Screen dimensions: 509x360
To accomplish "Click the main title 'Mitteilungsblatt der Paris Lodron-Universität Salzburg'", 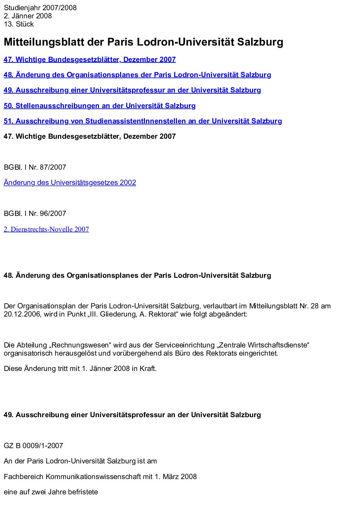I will point(143,42).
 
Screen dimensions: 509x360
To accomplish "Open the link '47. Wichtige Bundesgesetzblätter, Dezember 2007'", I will point(89,60).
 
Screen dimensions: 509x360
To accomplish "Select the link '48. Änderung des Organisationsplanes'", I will point(137,75).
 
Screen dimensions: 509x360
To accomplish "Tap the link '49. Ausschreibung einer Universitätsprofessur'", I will point(132,90).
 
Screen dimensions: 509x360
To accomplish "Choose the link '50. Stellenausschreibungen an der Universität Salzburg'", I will point(99,106).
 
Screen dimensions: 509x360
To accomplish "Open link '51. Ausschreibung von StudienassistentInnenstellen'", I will point(143,121).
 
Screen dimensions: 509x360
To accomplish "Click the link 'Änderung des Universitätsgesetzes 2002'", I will point(70,183).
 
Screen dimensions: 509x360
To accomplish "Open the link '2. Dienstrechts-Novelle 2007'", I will point(46,229).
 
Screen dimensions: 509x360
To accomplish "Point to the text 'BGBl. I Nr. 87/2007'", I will point(35,167).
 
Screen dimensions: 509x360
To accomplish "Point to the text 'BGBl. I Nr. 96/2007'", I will point(35,214).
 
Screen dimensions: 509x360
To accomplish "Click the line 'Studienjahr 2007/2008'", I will point(40,8).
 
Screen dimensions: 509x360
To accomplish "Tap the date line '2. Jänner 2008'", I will point(28,16).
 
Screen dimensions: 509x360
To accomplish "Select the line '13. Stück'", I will point(19,24).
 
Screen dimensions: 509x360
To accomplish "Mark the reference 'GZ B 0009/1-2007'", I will point(33,446).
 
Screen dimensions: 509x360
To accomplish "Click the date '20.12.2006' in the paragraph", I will point(22,314).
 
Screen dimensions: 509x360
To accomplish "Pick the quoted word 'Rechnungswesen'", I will point(81,345).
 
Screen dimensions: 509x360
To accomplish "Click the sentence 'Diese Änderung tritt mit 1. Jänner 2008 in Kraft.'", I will point(80,369).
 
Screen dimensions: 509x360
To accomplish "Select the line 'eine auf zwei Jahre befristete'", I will point(51,492).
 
